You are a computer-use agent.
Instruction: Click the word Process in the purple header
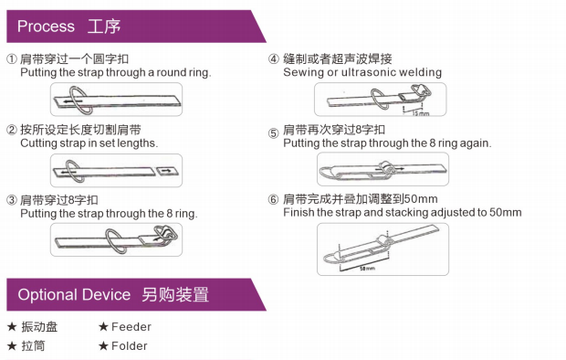(46, 26)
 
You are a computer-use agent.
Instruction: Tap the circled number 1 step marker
(12, 58)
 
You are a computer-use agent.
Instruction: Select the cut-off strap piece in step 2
(167, 171)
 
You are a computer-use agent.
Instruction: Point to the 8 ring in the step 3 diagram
(166, 234)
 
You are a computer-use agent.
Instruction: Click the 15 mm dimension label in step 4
(421, 113)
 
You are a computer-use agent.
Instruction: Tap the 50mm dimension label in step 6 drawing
(367, 269)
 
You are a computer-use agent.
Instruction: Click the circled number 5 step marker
(273, 133)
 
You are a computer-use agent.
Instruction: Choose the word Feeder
(131, 327)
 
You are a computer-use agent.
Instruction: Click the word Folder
(130, 346)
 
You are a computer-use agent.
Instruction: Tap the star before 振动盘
(12, 327)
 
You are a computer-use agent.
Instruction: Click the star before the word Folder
(103, 346)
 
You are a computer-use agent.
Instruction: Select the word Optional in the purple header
(43, 295)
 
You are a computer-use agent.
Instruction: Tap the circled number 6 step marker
(273, 199)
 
